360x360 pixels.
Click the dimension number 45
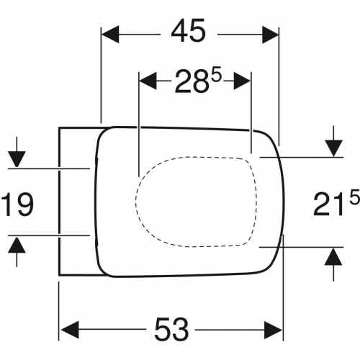[x=189, y=31]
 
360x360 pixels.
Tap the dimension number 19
[x=17, y=204]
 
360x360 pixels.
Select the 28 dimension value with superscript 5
[x=197, y=81]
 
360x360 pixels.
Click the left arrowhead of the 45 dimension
[x=110, y=35]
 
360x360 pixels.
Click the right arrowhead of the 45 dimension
[x=270, y=35]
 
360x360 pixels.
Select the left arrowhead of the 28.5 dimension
[x=148, y=81]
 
